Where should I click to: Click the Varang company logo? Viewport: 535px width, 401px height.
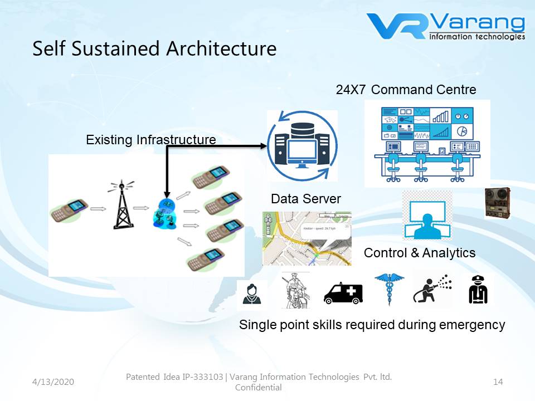(446, 27)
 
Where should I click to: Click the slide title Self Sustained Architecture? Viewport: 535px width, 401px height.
(154, 48)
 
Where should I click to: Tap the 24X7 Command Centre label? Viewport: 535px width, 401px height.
(406, 89)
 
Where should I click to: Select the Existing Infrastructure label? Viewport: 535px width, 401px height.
(150, 140)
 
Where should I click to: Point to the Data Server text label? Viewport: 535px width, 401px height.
(306, 199)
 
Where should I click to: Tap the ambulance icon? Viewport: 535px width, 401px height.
(343, 291)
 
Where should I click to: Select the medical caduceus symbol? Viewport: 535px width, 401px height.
(389, 288)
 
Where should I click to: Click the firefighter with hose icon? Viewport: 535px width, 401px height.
(432, 289)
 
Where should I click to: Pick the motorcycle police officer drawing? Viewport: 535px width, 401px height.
(294, 290)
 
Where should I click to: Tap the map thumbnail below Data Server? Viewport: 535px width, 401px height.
(307, 238)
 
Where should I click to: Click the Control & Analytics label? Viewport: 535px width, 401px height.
(420, 253)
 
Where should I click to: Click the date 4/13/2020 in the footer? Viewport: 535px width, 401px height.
(53, 382)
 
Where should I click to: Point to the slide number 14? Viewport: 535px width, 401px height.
(498, 382)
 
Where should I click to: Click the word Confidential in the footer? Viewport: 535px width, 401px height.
(259, 388)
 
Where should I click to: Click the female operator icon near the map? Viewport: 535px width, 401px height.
(251, 294)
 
